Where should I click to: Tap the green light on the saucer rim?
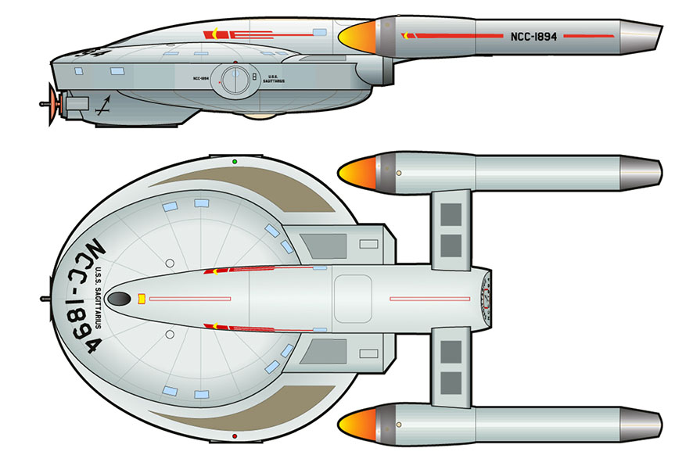(x=235, y=161)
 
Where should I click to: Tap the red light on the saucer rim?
(x=235, y=435)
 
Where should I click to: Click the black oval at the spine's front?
(x=119, y=299)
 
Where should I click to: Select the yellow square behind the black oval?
(x=142, y=298)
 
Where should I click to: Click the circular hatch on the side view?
(x=233, y=79)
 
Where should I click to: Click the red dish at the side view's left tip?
(x=52, y=102)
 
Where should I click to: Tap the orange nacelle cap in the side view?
(x=355, y=36)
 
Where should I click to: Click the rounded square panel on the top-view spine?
(x=356, y=298)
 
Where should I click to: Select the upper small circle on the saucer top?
(x=169, y=263)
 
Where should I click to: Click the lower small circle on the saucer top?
(x=169, y=334)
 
